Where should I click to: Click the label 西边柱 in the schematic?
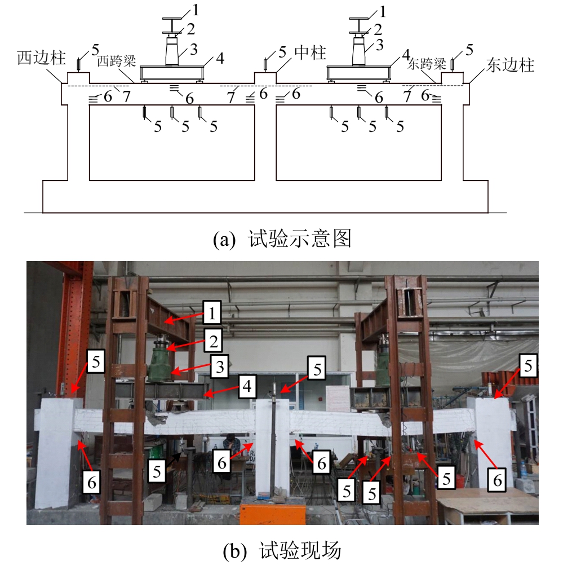(41, 58)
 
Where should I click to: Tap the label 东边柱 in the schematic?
(510, 65)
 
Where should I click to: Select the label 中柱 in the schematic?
(310, 54)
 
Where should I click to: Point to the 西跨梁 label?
(117, 60)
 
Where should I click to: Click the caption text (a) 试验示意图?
(282, 240)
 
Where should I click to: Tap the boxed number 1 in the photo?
(212, 311)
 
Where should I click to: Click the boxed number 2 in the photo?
(215, 340)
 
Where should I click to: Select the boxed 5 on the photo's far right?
(528, 366)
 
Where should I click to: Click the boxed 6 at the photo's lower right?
(497, 480)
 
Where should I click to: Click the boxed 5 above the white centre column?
(317, 369)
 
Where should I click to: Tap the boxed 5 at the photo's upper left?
(95, 363)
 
